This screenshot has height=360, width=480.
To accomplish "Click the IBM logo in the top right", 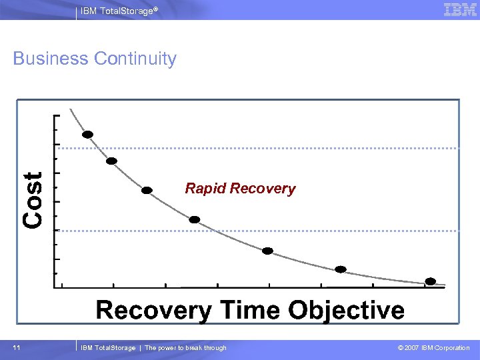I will (x=460, y=9).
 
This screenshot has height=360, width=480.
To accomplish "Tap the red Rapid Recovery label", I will (x=240, y=189).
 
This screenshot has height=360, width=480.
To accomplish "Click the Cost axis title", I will (x=33, y=199).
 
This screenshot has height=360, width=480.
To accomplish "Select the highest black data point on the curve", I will (x=87, y=134).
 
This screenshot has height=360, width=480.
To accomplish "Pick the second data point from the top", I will (x=112, y=161).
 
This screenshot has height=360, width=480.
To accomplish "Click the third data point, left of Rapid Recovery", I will (x=147, y=190).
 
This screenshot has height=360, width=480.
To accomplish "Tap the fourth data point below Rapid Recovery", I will (x=194, y=219).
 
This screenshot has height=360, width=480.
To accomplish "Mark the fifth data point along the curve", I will (x=267, y=251).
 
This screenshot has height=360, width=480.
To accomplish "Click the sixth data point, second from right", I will (x=341, y=269).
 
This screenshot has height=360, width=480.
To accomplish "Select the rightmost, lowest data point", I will (x=431, y=281).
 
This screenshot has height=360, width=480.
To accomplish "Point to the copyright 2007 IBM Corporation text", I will (x=433, y=347).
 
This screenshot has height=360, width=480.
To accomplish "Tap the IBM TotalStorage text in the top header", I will (x=119, y=10).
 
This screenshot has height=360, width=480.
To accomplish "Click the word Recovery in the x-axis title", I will (x=153, y=310).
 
